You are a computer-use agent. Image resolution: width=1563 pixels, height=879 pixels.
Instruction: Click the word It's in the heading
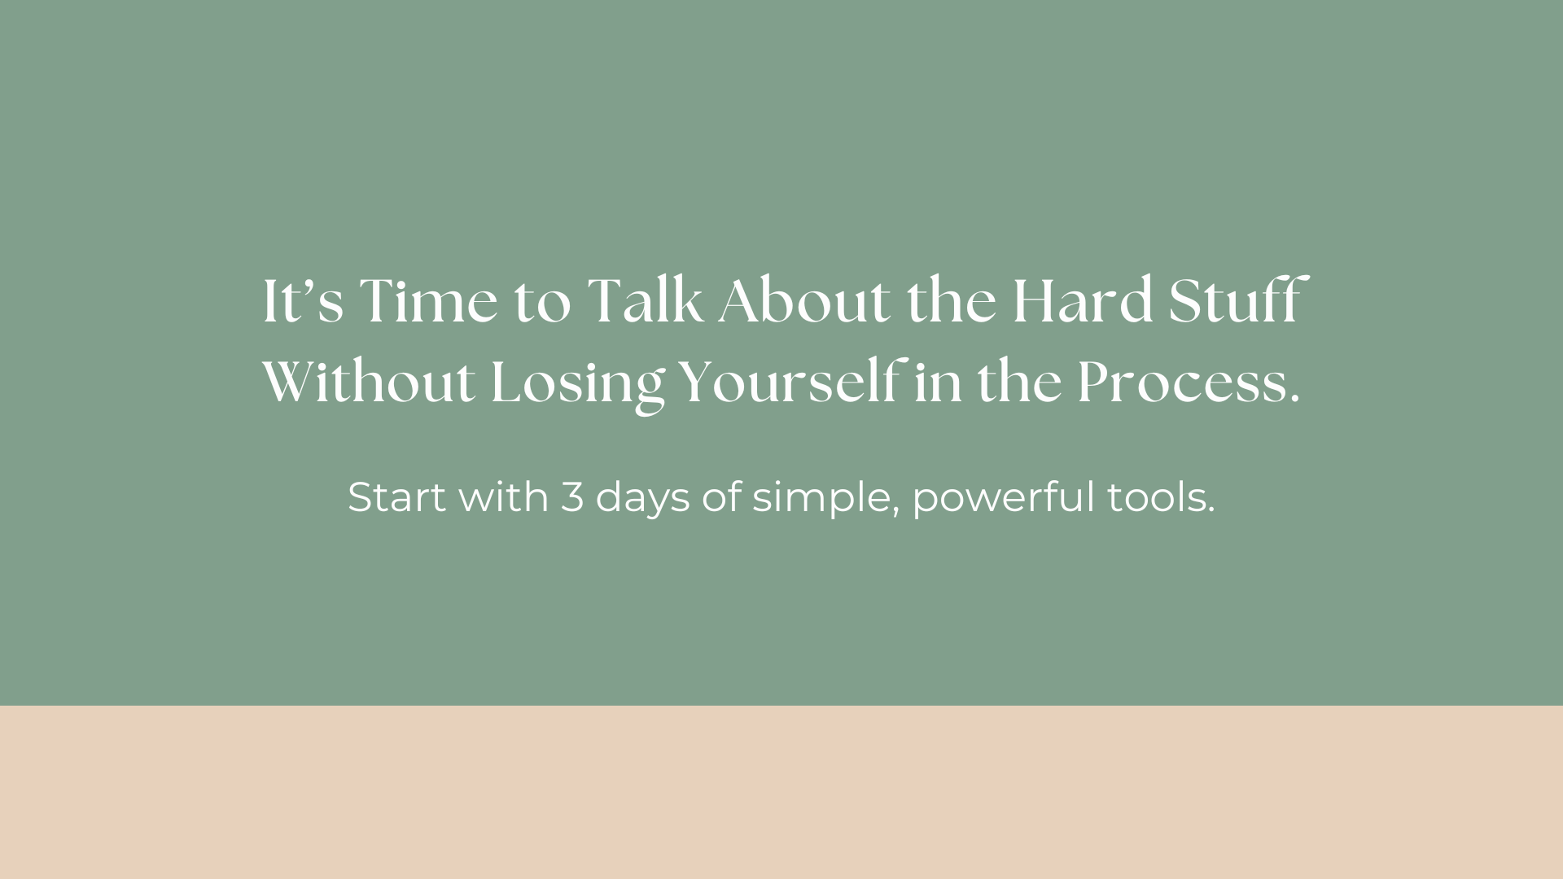tap(303, 302)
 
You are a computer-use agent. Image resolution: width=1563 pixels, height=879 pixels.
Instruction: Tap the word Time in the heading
tap(428, 301)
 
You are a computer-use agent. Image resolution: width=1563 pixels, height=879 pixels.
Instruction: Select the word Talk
tap(645, 300)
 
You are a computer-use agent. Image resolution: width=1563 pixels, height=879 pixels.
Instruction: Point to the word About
tap(804, 300)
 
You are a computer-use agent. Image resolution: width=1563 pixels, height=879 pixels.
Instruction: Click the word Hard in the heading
tap(1084, 300)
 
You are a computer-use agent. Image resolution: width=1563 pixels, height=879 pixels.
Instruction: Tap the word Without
tap(369, 382)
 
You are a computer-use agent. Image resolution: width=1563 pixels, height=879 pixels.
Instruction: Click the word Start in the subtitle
tap(397, 496)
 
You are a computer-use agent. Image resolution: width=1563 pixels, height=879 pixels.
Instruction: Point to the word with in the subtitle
tap(504, 496)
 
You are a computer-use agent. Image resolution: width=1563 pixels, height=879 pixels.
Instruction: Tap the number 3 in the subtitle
tap(572, 497)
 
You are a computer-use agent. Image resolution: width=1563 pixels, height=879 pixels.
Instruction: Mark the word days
tap(643, 500)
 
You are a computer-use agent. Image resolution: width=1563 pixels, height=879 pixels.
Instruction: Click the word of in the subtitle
tap(722, 496)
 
